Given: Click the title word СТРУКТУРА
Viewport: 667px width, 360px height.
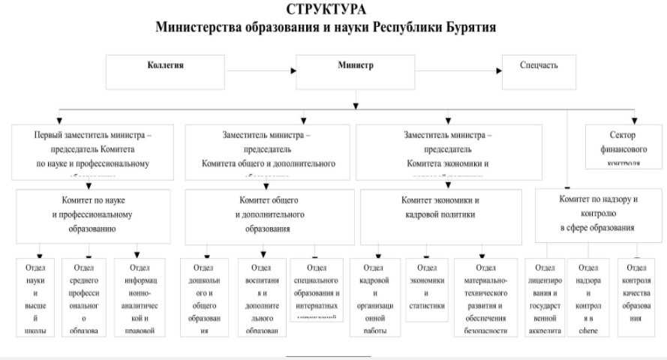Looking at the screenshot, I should [326, 10].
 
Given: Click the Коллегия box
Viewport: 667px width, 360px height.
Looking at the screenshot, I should [165, 70].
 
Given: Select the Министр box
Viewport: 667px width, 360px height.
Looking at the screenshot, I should [355, 70].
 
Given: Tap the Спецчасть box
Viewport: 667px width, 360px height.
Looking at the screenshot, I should [539, 70].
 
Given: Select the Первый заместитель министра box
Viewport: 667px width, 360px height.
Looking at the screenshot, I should [92, 151].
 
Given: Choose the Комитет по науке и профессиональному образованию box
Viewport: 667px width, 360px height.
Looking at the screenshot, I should [93, 215].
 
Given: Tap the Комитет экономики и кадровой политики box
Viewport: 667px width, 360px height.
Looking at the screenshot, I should [440, 215].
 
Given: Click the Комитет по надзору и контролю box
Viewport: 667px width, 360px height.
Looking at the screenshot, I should [598, 214].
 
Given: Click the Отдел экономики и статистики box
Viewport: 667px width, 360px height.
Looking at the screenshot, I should [425, 289].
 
